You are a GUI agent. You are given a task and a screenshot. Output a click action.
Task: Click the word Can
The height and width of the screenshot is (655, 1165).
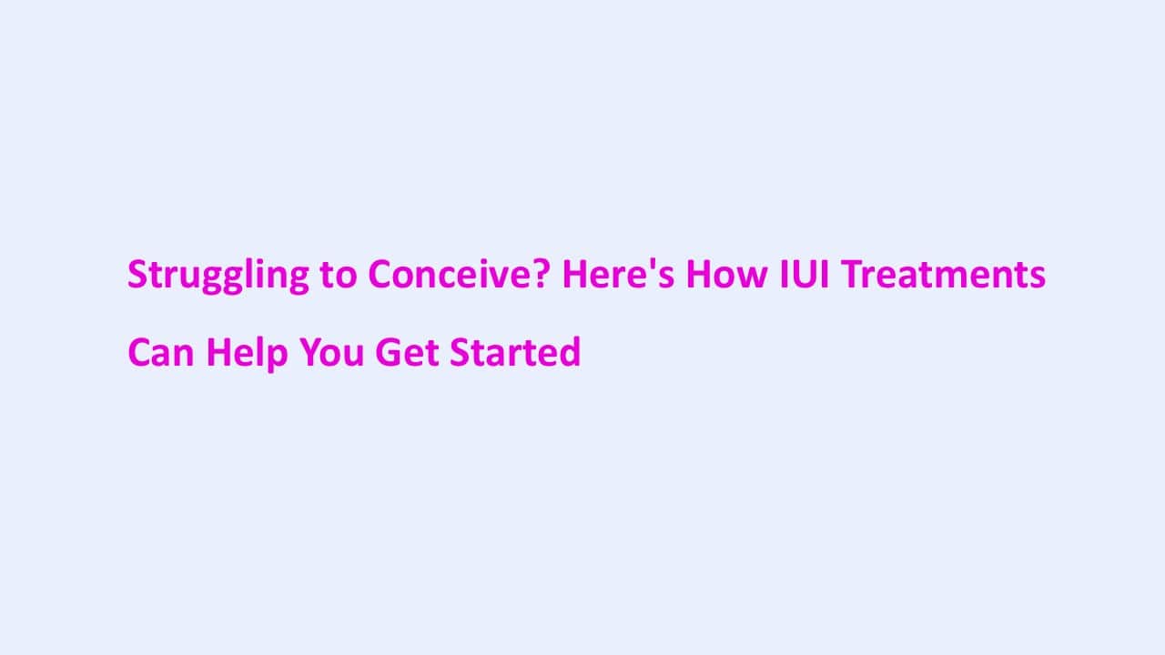160,352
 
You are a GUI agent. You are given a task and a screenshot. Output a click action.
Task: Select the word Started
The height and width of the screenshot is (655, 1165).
515,352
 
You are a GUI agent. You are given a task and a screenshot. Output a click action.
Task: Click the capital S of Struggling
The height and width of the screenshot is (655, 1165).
137,274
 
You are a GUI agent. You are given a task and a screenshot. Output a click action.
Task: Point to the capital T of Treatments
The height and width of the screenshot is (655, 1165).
848,274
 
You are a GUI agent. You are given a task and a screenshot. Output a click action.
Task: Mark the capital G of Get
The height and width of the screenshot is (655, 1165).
387,352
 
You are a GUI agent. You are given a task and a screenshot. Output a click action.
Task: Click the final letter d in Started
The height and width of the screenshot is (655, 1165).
571,352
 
